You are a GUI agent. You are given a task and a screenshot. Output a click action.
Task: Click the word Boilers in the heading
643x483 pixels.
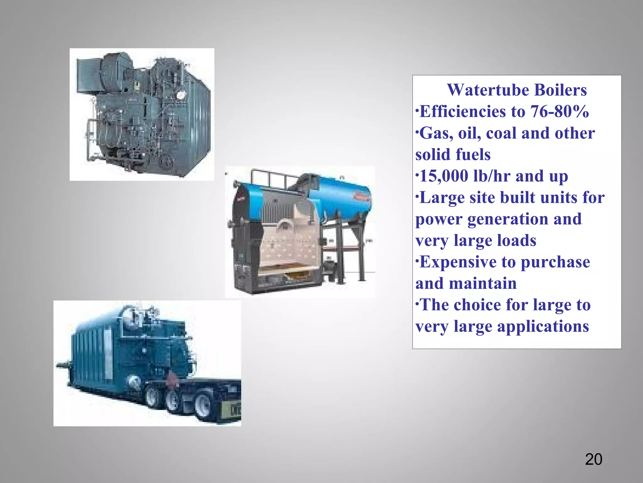coord(560,90)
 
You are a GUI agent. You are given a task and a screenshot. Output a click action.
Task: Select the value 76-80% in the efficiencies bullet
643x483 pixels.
coord(559,112)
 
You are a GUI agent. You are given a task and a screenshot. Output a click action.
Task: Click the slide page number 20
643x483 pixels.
coord(593,459)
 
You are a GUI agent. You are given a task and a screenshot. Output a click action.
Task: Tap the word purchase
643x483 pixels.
coord(555,262)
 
